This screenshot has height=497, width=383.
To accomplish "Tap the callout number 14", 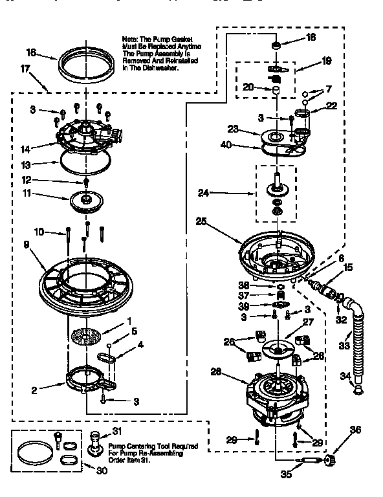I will [25, 148].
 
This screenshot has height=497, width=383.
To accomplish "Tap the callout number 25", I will [201, 221].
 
